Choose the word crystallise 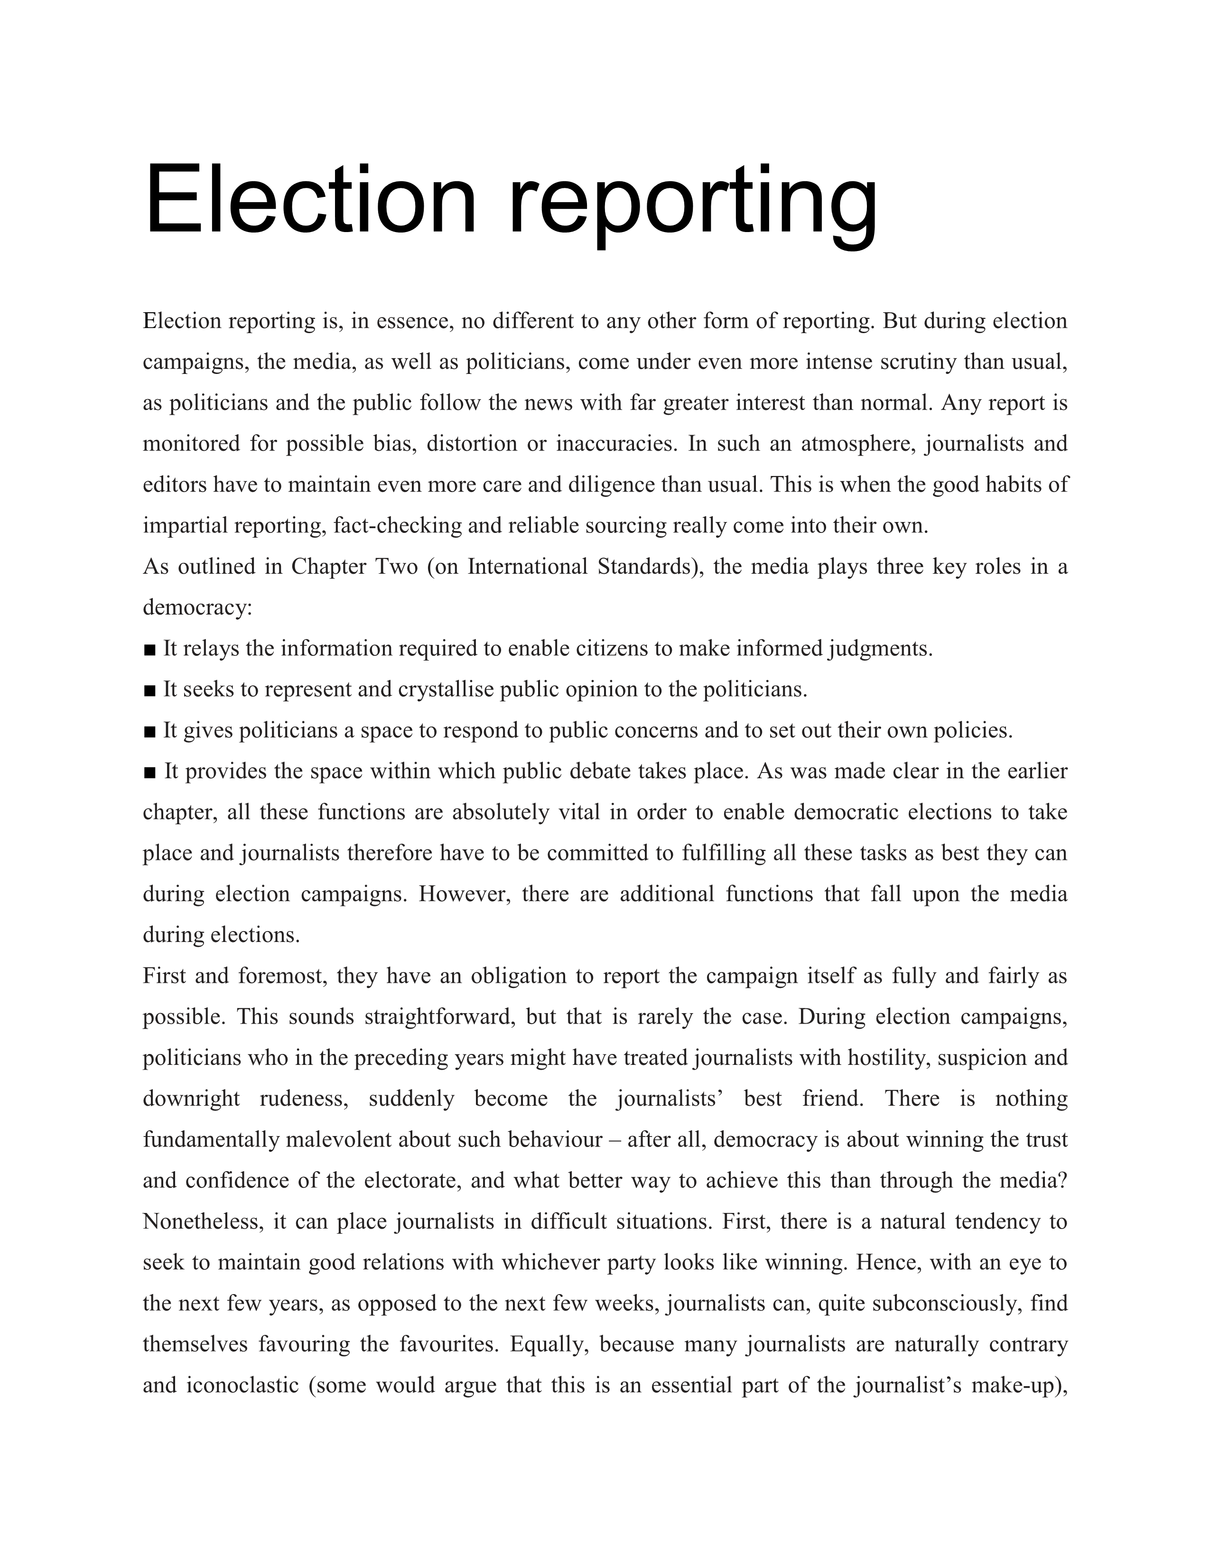446,690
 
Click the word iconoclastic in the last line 242,1385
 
